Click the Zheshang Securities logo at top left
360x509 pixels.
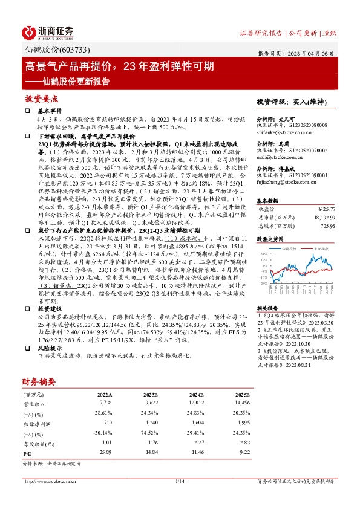coord(48,31)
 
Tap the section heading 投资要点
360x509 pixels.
coord(41,97)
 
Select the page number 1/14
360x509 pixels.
coord(180,481)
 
